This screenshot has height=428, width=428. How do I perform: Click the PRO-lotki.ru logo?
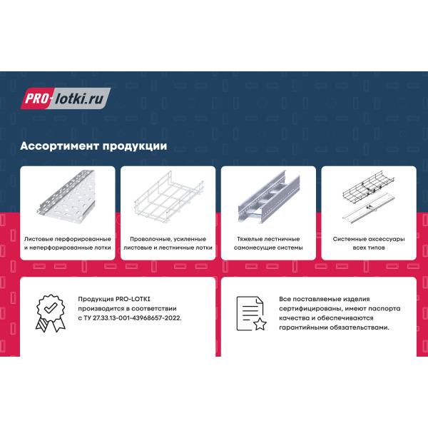[66, 98]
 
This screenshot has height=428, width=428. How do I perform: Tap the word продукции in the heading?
[135, 146]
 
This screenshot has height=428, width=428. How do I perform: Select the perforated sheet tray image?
[66, 196]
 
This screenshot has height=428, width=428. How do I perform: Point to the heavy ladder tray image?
[269, 197]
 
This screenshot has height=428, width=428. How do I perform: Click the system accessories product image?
[369, 197]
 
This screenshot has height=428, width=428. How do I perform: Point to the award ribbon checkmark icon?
[51, 313]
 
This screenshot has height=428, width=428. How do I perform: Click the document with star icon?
[251, 313]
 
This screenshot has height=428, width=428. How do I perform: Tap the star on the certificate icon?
[260, 324]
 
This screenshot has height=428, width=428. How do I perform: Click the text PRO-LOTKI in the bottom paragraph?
[133, 299]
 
